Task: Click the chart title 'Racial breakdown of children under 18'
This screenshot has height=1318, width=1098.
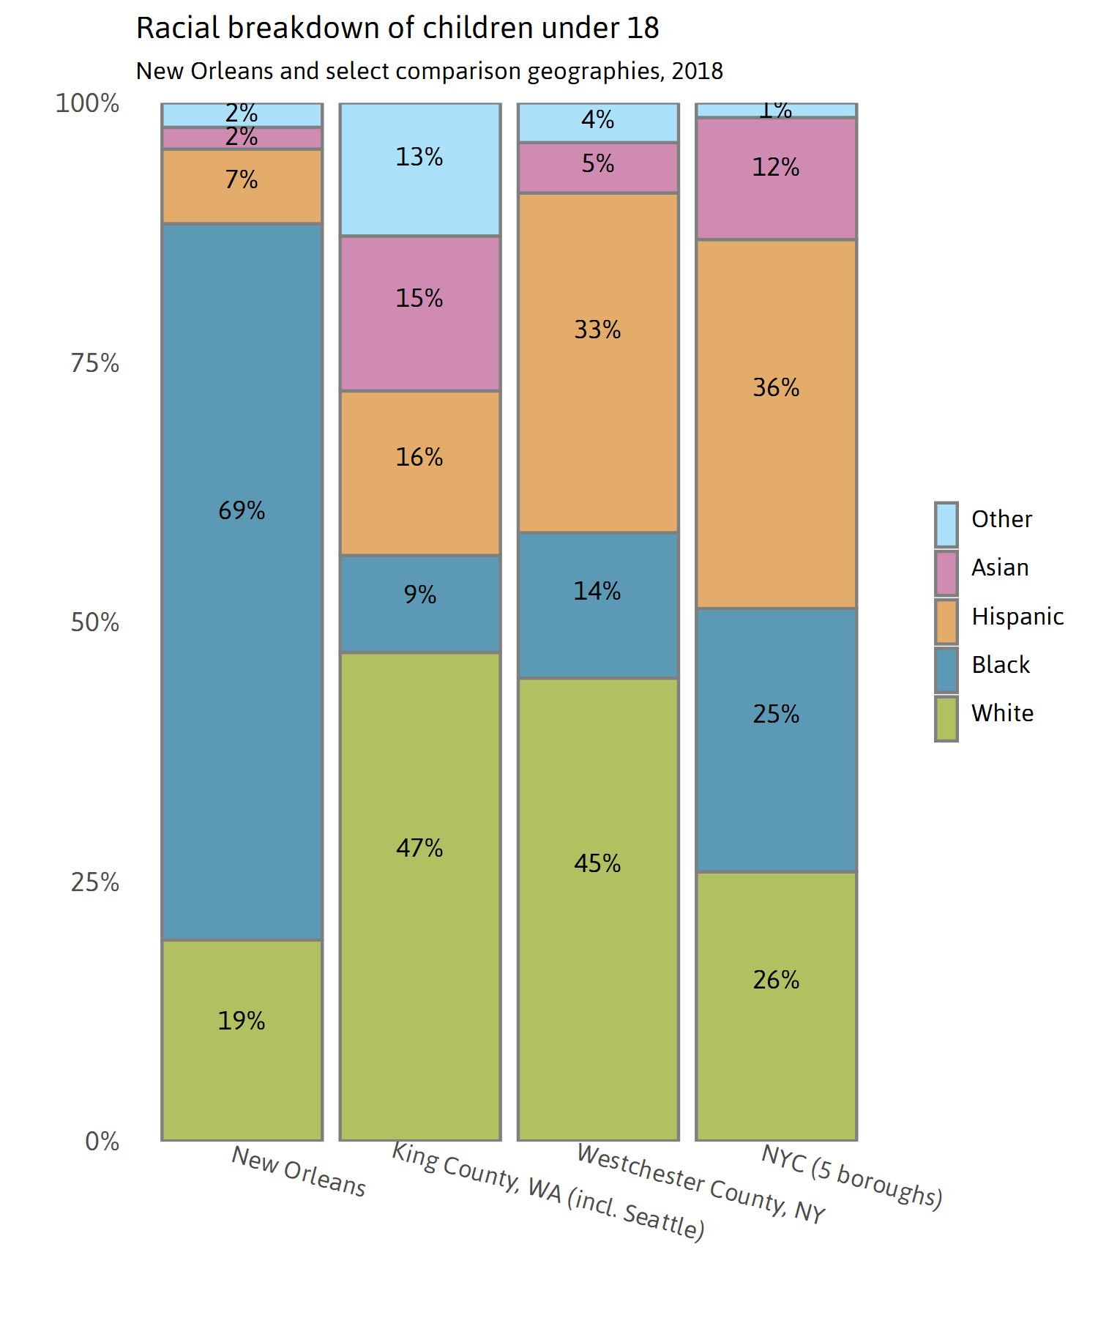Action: pyautogui.click(x=397, y=29)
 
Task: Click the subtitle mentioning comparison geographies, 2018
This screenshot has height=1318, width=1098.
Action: pyautogui.click(x=429, y=71)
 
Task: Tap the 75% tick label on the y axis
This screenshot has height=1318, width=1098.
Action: pyautogui.click(x=94, y=363)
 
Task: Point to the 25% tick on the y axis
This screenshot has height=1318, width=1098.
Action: pyautogui.click(x=94, y=882)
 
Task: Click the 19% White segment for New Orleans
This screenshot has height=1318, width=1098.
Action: pyautogui.click(x=242, y=1040)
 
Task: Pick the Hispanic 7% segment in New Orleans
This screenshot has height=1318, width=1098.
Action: pyautogui.click(x=242, y=187)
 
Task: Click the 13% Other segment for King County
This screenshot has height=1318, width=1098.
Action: pyautogui.click(x=420, y=170)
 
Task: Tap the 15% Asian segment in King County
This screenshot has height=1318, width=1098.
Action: pyautogui.click(x=420, y=313)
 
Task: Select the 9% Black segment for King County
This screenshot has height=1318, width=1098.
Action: pyautogui.click(x=420, y=604)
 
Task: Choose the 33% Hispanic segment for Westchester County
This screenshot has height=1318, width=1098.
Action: pyautogui.click(x=598, y=362)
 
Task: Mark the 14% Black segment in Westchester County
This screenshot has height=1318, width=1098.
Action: pyautogui.click(x=598, y=605)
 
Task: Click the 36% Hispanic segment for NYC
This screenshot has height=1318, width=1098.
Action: pyautogui.click(x=776, y=424)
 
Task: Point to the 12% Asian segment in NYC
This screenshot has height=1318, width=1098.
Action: pyautogui.click(x=776, y=179)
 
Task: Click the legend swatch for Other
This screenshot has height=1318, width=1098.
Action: pyautogui.click(x=946, y=524)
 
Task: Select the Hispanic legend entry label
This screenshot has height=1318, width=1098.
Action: pyautogui.click(x=1017, y=617)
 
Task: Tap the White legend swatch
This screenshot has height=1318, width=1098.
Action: pyautogui.click(x=946, y=718)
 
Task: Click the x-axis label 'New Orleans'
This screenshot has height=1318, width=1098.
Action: pyautogui.click(x=299, y=1171)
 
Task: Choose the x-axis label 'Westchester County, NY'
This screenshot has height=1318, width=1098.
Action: pyautogui.click(x=701, y=1183)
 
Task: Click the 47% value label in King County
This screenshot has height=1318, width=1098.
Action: pyautogui.click(x=419, y=848)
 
